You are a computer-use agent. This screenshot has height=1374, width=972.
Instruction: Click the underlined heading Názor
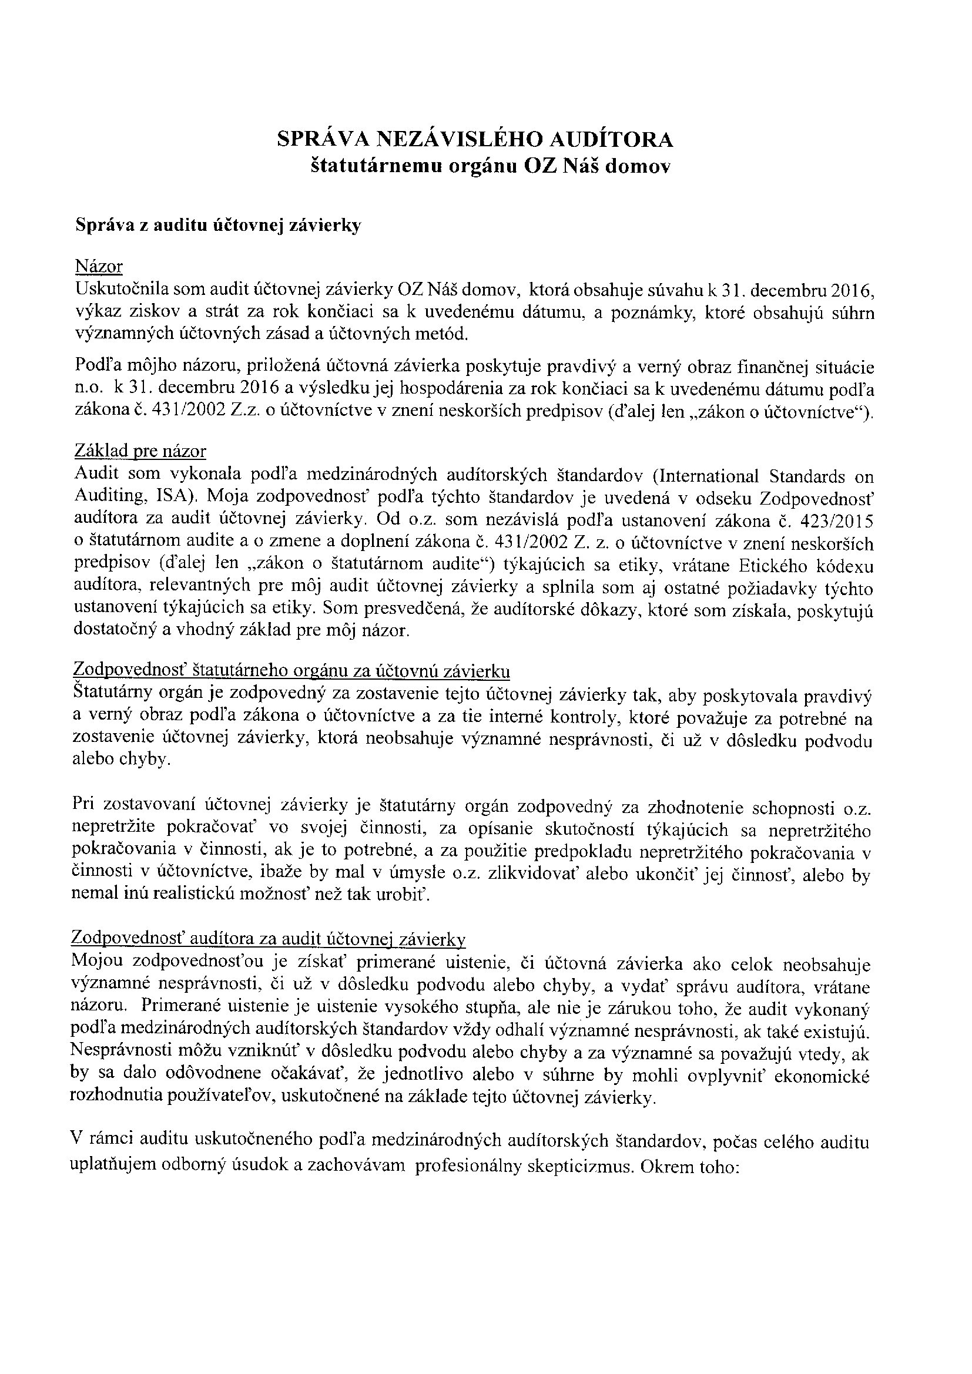tap(99, 266)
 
